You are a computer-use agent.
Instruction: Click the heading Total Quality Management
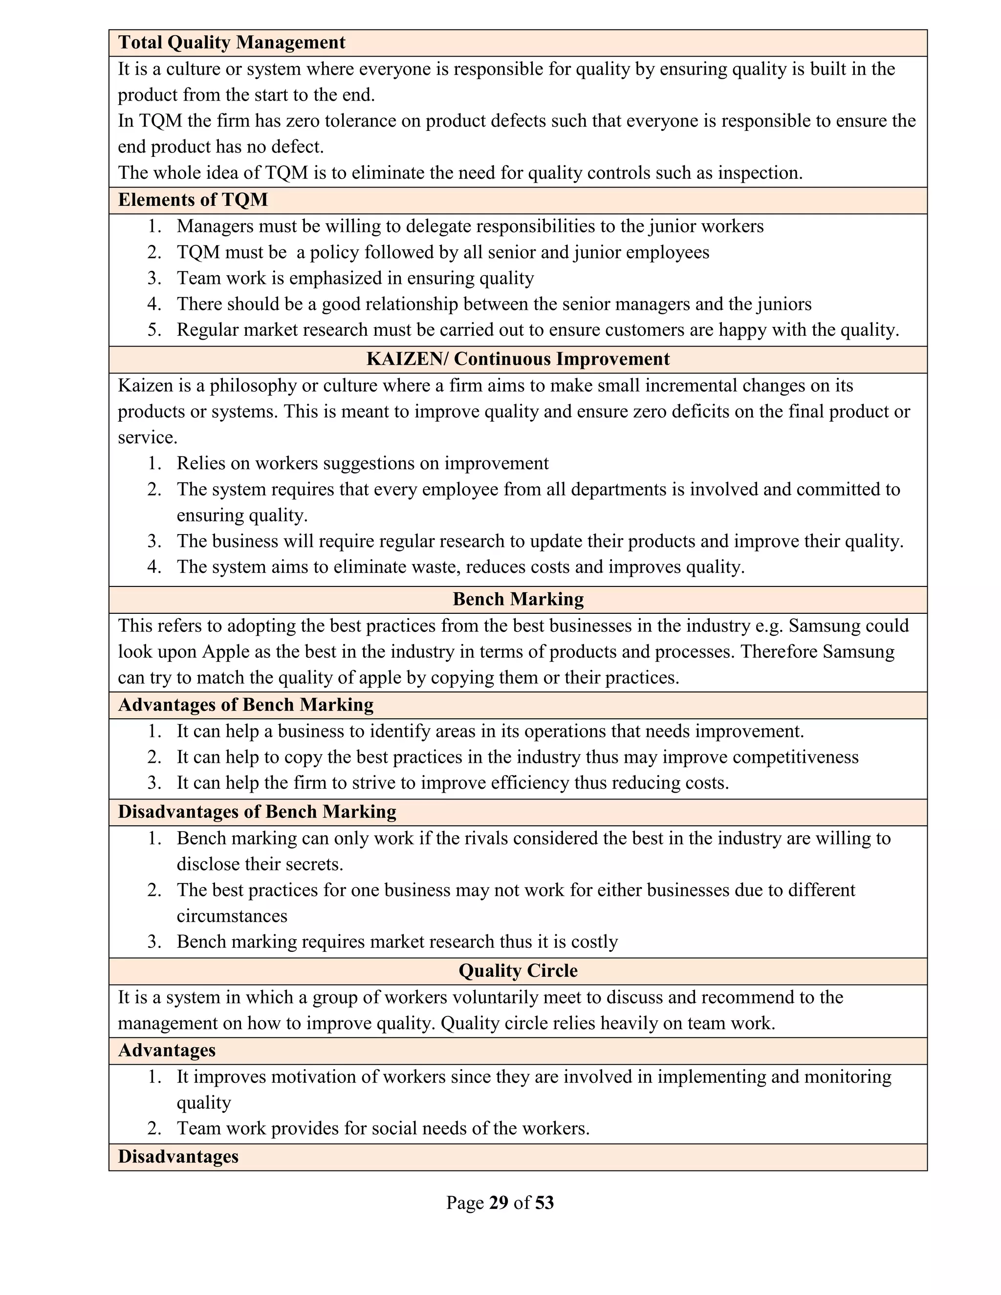231,43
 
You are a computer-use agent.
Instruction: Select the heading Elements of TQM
193,200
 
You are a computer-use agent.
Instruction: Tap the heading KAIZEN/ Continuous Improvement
518,359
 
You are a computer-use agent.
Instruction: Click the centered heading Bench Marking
518,600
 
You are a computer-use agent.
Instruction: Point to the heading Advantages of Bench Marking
245,705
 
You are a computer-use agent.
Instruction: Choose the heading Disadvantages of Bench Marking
257,812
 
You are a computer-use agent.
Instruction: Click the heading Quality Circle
518,971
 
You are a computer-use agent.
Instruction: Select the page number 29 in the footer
499,1203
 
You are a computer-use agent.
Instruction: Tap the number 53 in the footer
544,1203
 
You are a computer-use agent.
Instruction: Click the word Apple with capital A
225,651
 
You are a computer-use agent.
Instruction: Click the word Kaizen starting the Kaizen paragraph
145,386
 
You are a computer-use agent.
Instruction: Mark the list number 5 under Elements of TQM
153,330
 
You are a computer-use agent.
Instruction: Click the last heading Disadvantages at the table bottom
178,1157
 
